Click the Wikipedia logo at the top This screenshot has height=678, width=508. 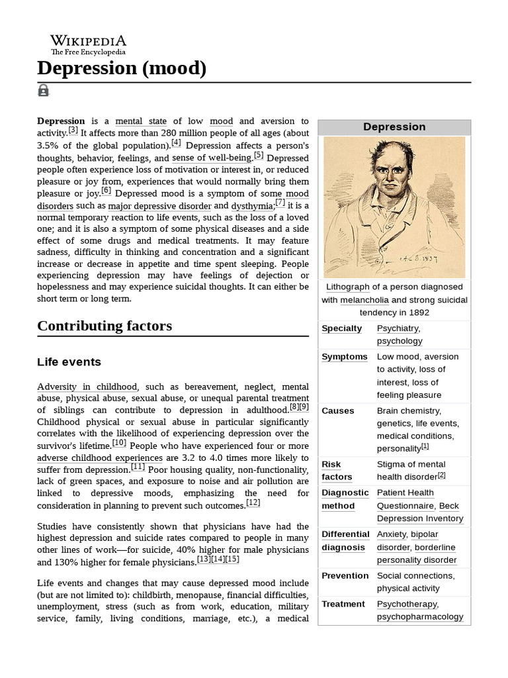(x=88, y=44)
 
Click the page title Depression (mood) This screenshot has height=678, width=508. (x=122, y=68)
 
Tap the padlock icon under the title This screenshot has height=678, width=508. (x=44, y=91)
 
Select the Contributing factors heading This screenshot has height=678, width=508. (x=105, y=326)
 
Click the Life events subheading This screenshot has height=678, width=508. (x=69, y=362)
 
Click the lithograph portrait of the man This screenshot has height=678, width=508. (x=394, y=207)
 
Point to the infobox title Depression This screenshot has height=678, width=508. (x=394, y=126)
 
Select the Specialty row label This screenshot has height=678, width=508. (x=341, y=328)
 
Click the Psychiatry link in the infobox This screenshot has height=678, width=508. (x=398, y=328)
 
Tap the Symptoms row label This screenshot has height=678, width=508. (x=344, y=357)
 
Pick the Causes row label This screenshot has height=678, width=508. (x=337, y=411)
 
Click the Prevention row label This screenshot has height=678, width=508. (x=345, y=575)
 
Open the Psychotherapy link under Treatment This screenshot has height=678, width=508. (x=407, y=604)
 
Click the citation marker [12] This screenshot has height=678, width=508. (x=253, y=503)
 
